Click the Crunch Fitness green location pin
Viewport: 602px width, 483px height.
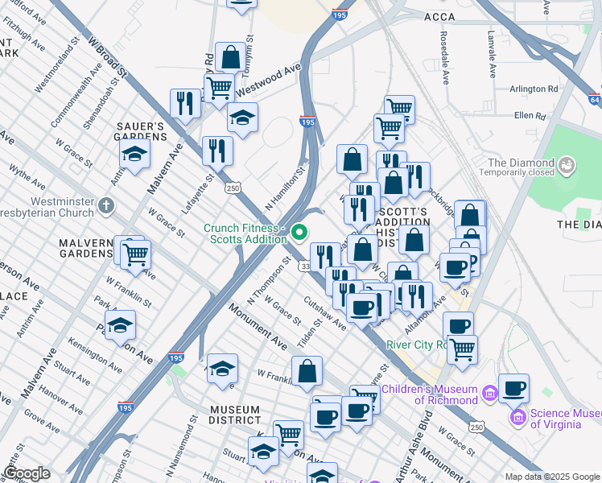(299, 233)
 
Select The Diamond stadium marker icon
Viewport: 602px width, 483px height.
(568, 166)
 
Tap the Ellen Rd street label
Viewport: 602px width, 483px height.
(530, 116)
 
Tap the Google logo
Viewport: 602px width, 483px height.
(27, 473)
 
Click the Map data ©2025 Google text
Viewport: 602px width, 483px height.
(551, 477)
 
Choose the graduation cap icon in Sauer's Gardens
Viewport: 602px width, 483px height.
(135, 154)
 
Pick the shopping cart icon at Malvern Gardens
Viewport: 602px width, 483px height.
(136, 254)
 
